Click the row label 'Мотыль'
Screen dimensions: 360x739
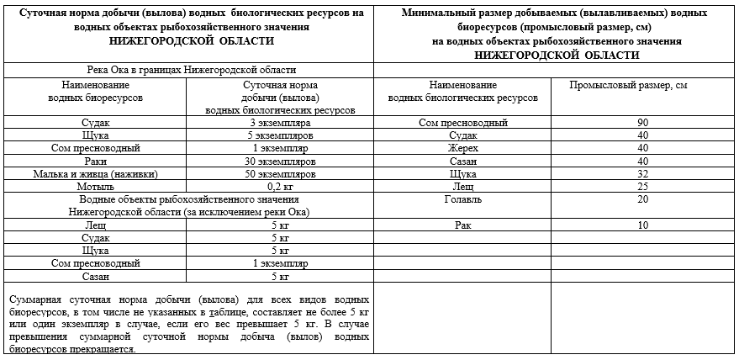coord(95,187)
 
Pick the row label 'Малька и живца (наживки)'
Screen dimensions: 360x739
coord(95,174)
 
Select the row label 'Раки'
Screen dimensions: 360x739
coord(95,161)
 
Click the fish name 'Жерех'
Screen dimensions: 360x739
coord(462,148)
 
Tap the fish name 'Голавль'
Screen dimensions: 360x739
coord(462,199)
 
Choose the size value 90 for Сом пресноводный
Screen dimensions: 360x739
coord(642,123)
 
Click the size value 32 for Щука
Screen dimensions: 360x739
coord(642,173)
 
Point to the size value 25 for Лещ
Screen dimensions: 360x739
coord(642,186)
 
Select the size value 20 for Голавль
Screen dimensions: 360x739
coord(642,199)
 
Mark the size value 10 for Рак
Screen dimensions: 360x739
coord(642,225)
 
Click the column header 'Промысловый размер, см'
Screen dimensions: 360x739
coord(622,86)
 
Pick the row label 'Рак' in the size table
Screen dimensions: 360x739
coord(462,225)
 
